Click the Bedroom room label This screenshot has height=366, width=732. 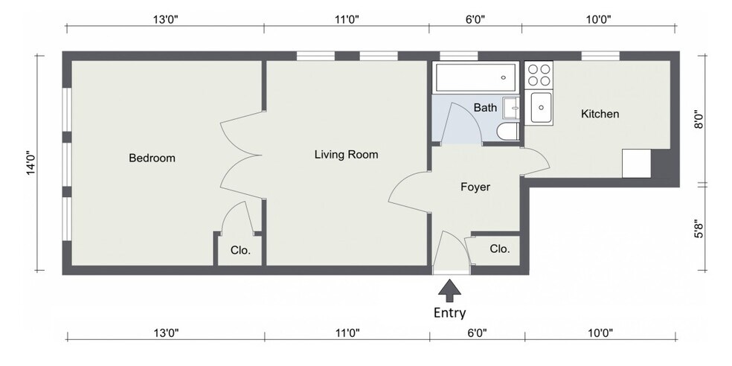tap(152, 158)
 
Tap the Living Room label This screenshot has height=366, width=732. tap(347, 155)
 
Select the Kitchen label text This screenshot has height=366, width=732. tap(600, 114)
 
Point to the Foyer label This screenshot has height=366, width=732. tap(475, 187)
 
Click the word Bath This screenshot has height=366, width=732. tap(485, 108)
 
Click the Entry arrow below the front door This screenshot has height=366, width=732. tap(449, 290)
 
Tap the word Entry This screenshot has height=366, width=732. tap(449, 312)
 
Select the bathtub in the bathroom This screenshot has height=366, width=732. tap(475, 77)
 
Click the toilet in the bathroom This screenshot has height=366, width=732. tap(508, 132)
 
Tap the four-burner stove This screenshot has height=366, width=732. tap(539, 75)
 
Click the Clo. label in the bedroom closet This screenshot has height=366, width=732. tap(240, 250)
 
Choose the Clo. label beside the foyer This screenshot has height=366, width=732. tap(500, 249)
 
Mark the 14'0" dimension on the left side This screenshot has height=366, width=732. tap(30, 163)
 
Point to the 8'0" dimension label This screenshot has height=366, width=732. tap(699, 119)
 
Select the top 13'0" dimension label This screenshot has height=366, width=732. tap(166, 19)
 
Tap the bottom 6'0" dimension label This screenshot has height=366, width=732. tap(477, 333)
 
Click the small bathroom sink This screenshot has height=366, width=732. tap(512, 108)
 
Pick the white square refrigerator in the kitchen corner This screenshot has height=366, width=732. tap(636, 164)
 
